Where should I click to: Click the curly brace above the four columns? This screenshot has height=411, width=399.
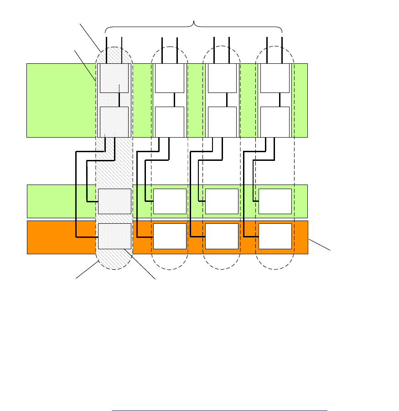(194, 26)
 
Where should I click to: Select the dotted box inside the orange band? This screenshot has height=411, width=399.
(114, 236)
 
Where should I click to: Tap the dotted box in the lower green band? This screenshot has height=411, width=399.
(114, 201)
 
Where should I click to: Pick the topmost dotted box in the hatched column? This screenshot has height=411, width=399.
(114, 78)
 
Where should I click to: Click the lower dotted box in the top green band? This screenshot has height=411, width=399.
(114, 122)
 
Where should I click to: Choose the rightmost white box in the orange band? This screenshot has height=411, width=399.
(275, 236)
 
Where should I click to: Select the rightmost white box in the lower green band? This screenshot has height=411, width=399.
(275, 201)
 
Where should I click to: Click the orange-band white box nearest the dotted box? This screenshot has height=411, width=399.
(170, 236)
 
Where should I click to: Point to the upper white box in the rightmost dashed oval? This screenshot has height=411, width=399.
(275, 78)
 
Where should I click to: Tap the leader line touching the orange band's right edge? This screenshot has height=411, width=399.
(319, 244)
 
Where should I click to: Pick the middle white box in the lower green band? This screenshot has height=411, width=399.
(222, 201)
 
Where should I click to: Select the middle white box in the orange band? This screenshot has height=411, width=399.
(222, 236)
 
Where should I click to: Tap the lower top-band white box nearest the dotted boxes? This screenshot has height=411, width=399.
(170, 122)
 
